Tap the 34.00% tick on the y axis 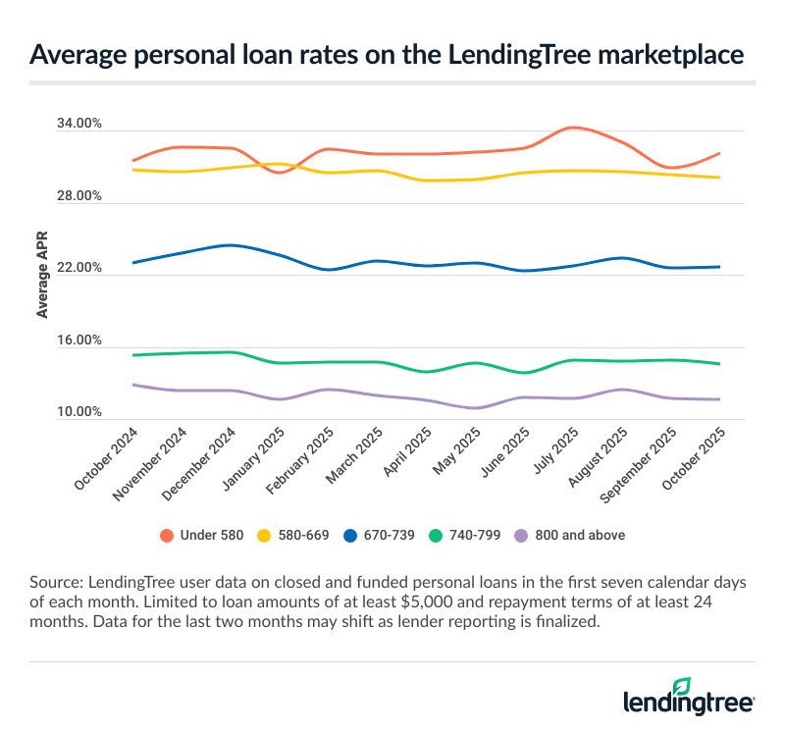(x=79, y=125)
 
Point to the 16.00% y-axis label (x=79, y=341)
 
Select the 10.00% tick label (x=79, y=413)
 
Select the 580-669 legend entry (x=292, y=535)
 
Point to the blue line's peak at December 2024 (x=230, y=245)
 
